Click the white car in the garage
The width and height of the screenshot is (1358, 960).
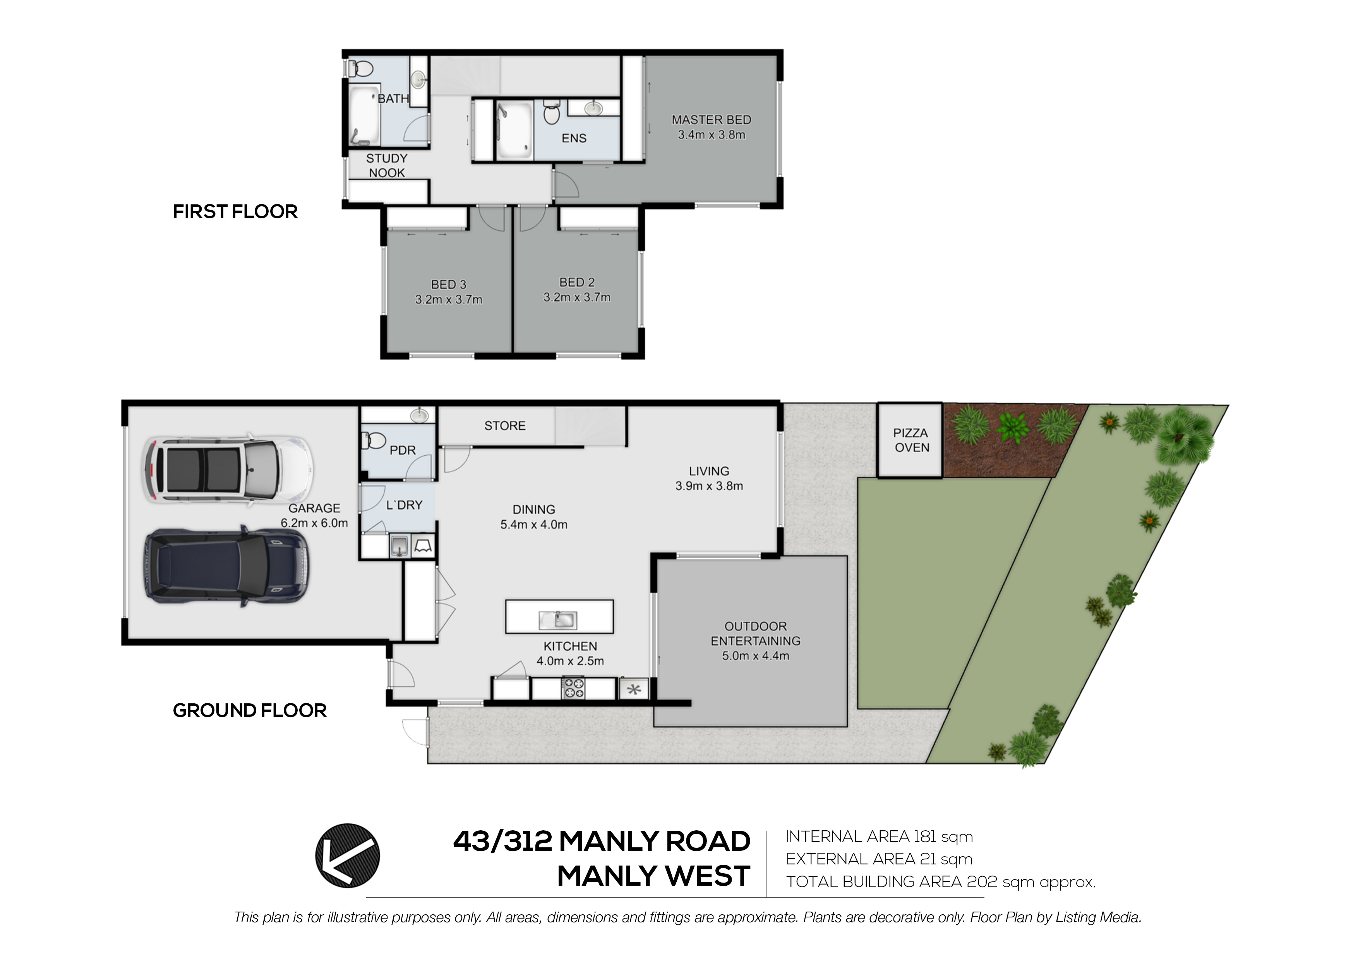point(227,470)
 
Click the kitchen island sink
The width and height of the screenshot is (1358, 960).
point(558,620)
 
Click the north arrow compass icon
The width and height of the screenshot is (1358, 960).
point(347,855)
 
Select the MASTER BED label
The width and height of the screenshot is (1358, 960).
point(712,120)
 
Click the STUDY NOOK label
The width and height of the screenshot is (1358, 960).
point(387,166)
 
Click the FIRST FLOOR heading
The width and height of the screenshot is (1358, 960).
point(235,212)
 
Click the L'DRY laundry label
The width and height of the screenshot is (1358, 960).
point(405,505)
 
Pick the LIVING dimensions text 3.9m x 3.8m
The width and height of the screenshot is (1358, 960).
point(709,486)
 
